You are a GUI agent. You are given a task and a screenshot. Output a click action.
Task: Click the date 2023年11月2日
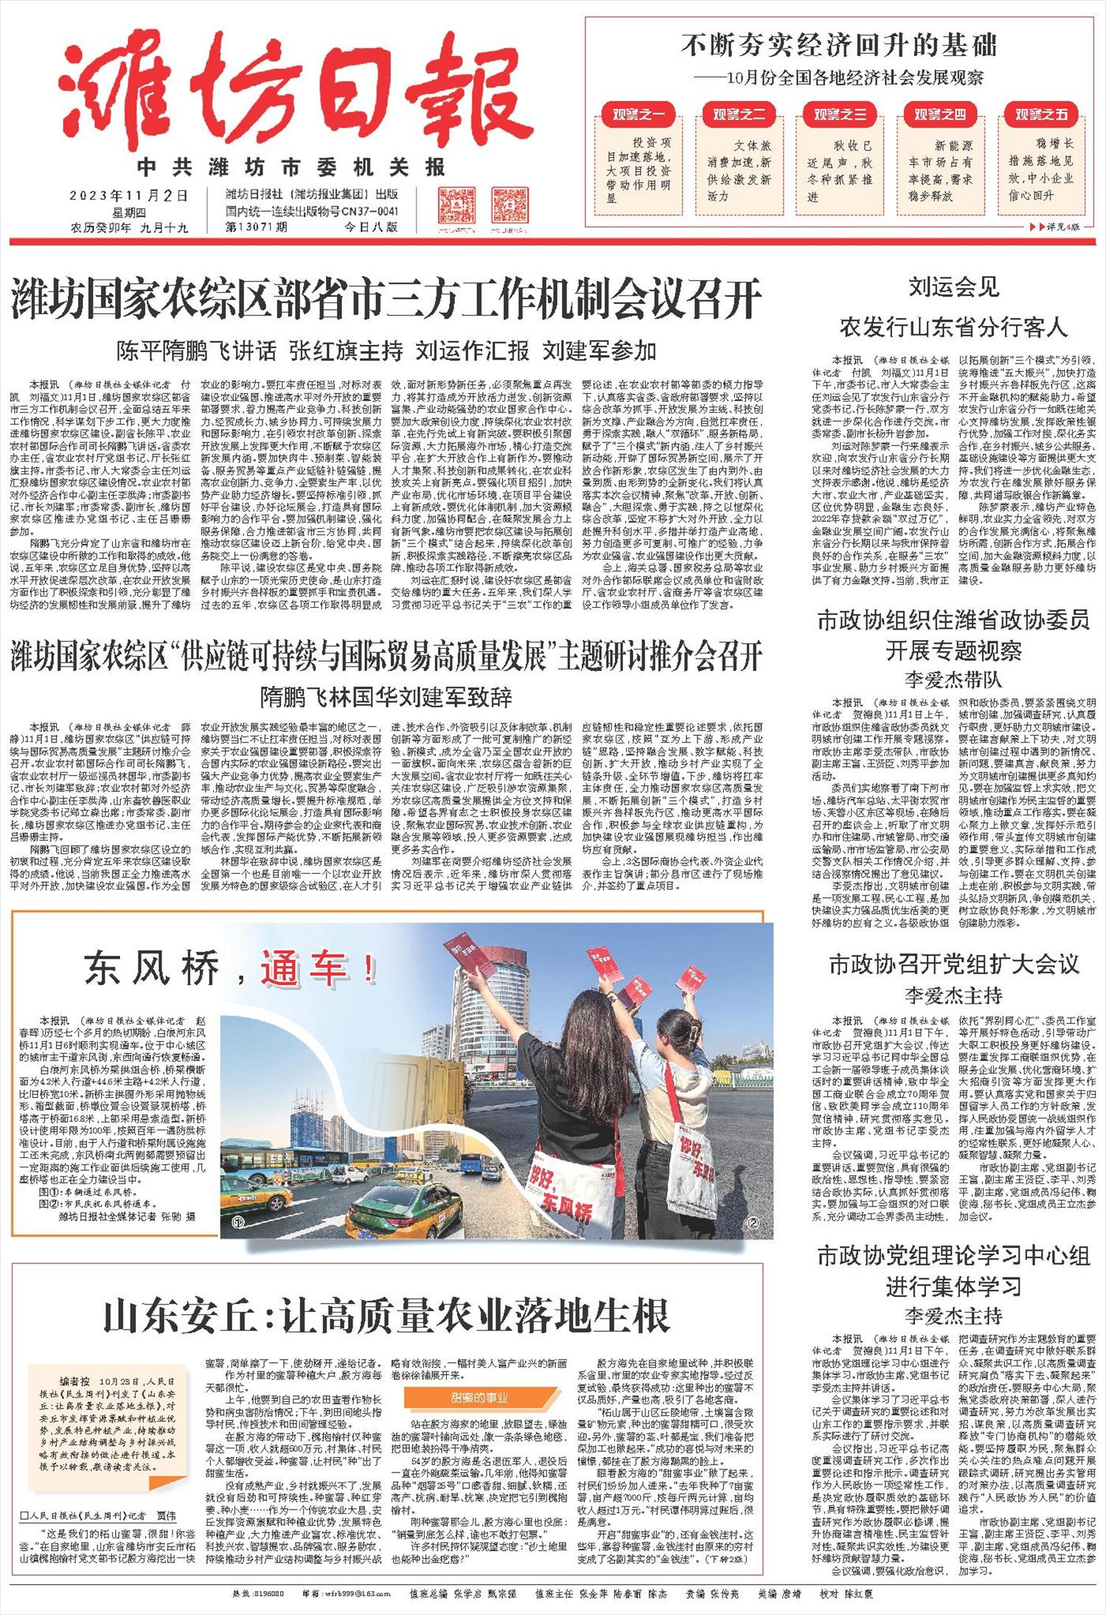coord(129,195)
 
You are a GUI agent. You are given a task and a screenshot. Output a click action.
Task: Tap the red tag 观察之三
coord(840,115)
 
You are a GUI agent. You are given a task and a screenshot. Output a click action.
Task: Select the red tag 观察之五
coord(1041,115)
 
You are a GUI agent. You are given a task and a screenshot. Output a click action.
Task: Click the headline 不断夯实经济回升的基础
coord(839,46)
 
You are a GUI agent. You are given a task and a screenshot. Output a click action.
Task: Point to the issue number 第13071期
coord(257,227)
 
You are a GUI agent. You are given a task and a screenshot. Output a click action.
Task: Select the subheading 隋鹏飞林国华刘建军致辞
coord(386,696)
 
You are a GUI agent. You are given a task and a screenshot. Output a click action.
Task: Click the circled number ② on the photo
coord(753,1223)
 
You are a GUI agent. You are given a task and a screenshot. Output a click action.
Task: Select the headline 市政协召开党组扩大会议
coord(953,964)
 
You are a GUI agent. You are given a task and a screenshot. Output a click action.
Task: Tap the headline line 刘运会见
coord(953,287)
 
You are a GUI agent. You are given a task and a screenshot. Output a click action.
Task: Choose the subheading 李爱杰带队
coord(953,678)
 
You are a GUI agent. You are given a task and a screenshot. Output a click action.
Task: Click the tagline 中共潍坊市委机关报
coord(291,167)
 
